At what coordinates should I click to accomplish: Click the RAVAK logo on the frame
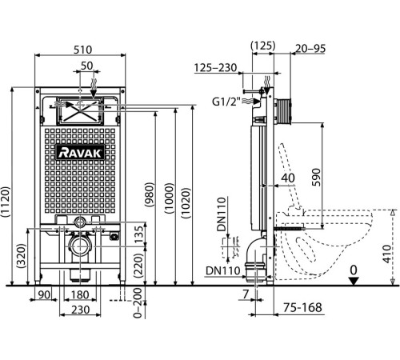pos(80,153)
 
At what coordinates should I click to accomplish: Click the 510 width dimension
pos(82,50)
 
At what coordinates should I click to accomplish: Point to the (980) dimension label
pos(149,194)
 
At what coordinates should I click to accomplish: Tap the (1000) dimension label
pos(169,198)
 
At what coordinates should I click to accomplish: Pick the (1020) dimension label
pos(186,203)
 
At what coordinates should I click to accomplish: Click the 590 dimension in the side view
pos(316,177)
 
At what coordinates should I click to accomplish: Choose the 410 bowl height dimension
pos(388,254)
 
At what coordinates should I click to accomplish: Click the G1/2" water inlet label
pos(226,102)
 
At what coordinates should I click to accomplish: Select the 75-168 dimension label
pos(302,307)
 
